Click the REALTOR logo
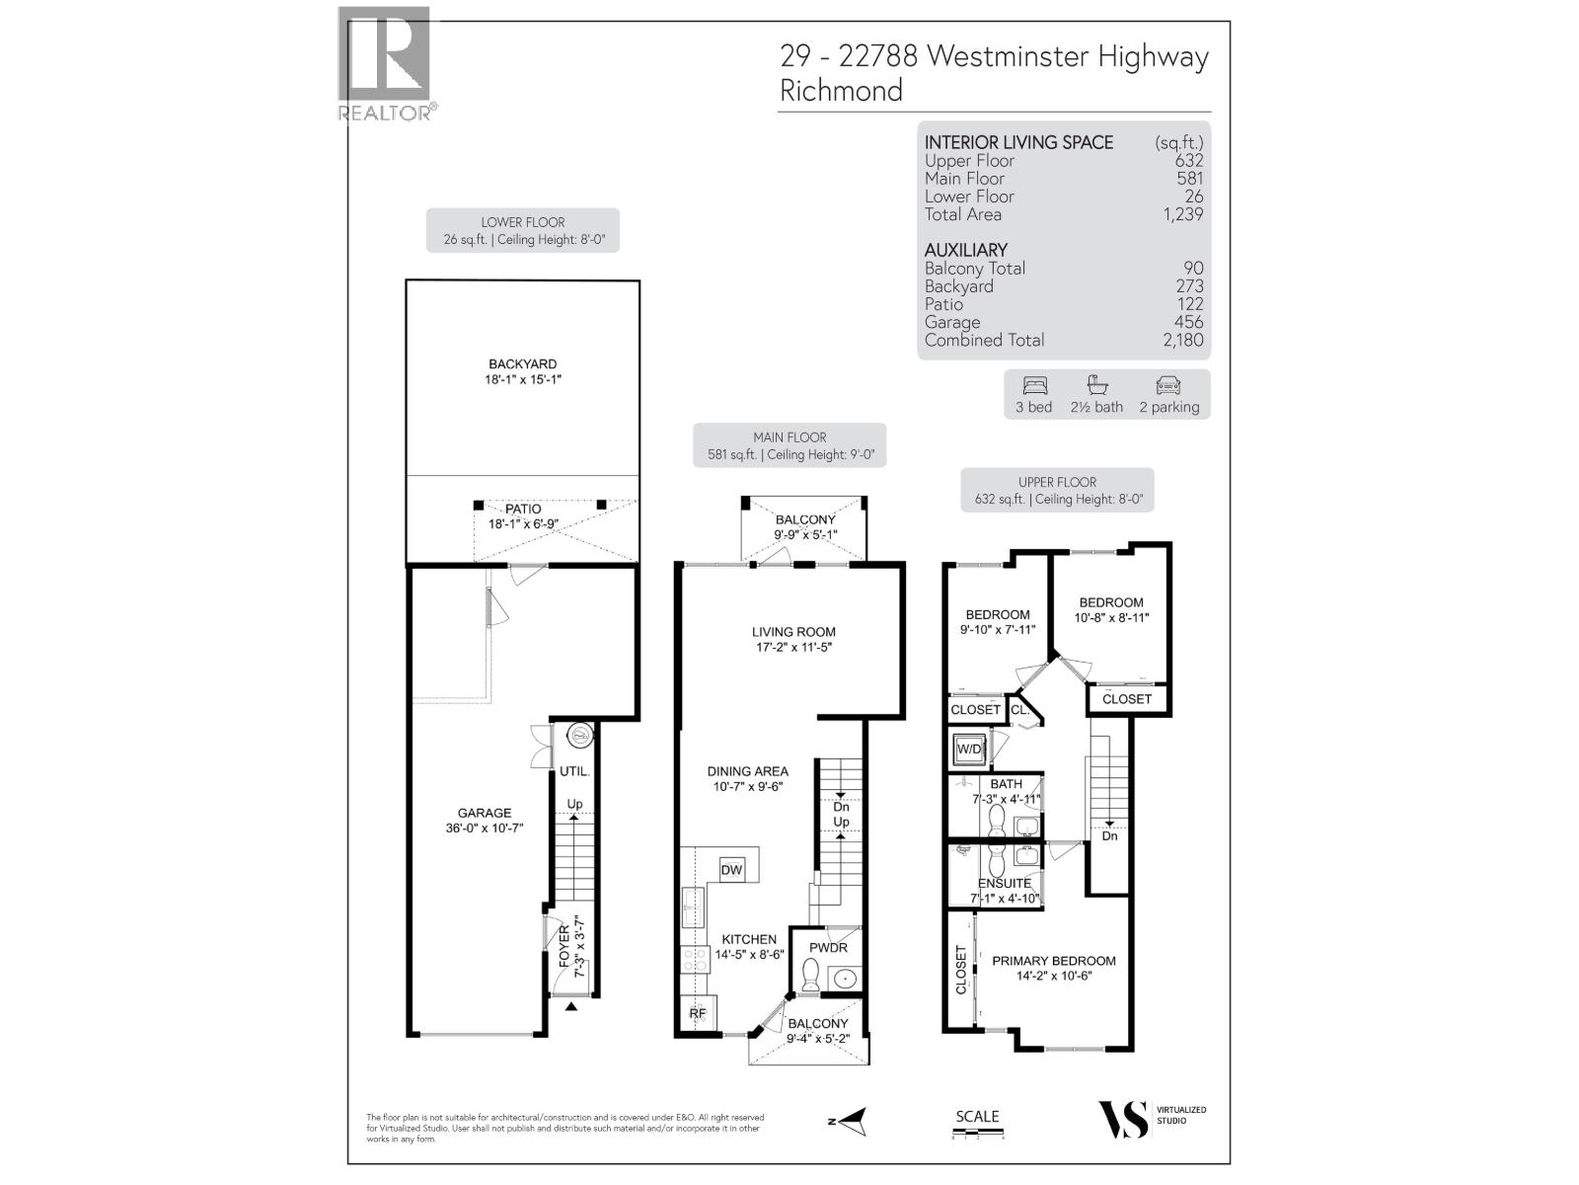click(x=384, y=63)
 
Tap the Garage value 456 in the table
click(x=1188, y=322)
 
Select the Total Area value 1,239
click(x=1182, y=214)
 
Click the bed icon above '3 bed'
click(x=1034, y=385)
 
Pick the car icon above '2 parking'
click(x=1167, y=385)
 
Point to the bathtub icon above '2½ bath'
click(x=1095, y=385)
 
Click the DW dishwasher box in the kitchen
click(x=731, y=869)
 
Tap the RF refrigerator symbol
click(x=697, y=1013)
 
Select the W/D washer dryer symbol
click(x=969, y=750)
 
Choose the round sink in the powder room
click(x=846, y=979)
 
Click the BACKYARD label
click(x=523, y=364)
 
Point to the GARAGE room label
click(x=484, y=814)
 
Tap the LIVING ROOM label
click(x=793, y=632)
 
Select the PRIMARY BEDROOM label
click(x=1054, y=961)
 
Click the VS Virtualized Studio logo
click(x=1124, y=1119)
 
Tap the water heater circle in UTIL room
click(x=579, y=735)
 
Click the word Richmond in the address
click(x=841, y=91)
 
